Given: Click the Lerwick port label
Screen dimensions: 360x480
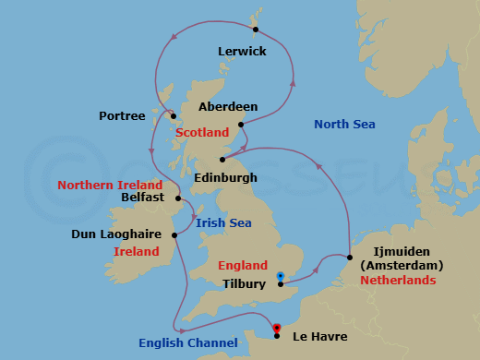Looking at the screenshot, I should click(242, 52).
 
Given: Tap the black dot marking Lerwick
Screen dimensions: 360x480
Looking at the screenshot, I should click(255, 29).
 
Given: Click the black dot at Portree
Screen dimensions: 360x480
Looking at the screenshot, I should click(173, 115).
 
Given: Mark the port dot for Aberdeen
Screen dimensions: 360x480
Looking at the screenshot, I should click(240, 125).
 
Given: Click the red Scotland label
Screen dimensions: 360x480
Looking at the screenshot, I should click(202, 133).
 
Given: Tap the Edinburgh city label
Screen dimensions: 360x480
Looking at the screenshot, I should click(226, 176).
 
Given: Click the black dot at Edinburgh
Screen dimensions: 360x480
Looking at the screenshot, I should click(222, 159).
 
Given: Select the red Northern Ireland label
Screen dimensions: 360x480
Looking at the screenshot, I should click(111, 185).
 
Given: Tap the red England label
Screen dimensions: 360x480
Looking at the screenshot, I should click(243, 265).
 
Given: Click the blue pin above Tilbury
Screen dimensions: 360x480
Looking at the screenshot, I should click(281, 276).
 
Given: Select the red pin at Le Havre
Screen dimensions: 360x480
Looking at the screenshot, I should click(276, 326).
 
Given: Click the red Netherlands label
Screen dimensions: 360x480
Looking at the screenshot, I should click(398, 279).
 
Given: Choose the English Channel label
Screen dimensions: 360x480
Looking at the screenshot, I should click(188, 343).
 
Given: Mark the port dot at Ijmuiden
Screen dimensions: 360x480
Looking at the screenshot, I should click(348, 258).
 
